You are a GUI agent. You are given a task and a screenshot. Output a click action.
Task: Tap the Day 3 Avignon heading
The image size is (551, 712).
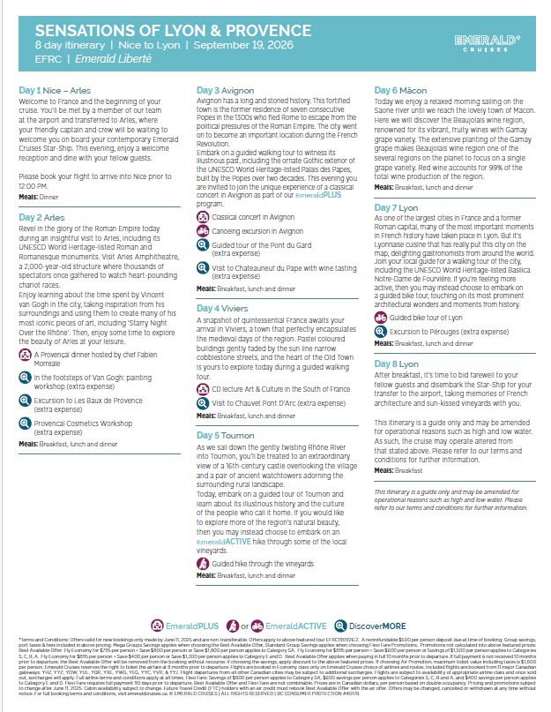pos(227,91)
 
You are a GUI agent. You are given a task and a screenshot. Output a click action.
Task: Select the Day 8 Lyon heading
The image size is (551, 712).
pos(398,363)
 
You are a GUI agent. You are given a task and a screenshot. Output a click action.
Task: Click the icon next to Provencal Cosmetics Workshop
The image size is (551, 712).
pos(25,424)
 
